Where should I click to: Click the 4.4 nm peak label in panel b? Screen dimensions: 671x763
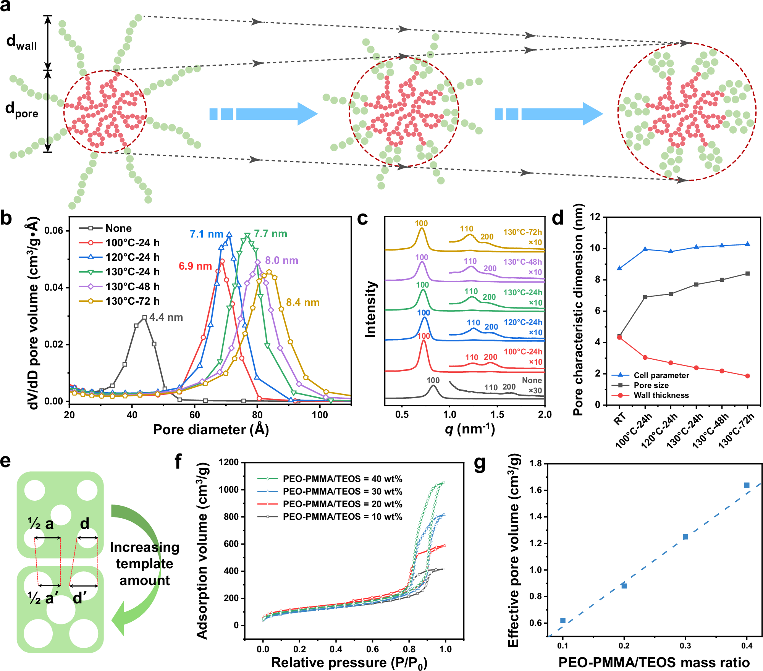(x=166, y=317)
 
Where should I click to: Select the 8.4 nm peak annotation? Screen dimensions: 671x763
(x=303, y=302)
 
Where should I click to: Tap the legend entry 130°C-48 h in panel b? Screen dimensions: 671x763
(x=133, y=286)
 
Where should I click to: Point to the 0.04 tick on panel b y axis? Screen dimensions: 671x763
(x=53, y=288)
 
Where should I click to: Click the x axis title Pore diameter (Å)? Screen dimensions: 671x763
(x=211, y=430)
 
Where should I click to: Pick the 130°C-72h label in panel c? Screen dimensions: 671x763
(x=522, y=232)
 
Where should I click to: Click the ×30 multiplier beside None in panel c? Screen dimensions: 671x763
(x=535, y=390)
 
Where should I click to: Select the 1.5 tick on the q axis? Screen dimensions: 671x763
(x=497, y=414)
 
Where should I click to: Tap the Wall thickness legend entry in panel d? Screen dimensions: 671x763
(x=661, y=395)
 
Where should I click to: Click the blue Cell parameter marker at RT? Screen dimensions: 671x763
(x=619, y=268)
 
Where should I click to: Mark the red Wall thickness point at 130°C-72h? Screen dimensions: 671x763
(x=747, y=376)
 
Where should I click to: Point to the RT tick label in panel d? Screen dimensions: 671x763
(x=620, y=419)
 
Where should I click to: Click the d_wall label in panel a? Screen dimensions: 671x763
(x=22, y=42)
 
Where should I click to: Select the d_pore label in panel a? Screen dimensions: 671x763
(x=22, y=110)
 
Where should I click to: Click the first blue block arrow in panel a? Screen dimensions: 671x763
(x=263, y=114)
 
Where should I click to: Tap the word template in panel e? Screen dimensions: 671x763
(x=144, y=564)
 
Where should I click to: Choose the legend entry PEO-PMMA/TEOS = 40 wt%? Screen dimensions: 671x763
(x=342, y=479)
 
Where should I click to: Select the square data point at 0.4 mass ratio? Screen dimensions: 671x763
(x=747, y=485)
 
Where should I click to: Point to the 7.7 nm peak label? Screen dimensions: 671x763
(x=270, y=234)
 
